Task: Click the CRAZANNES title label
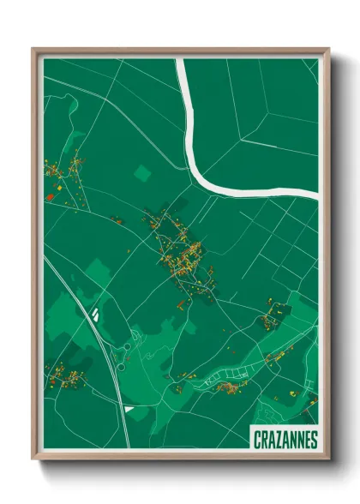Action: tap(285, 440)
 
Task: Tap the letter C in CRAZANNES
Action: tap(258, 440)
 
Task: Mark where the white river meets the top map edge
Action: tap(180, 60)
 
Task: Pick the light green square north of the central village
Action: tap(141, 173)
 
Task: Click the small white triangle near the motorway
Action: tap(129, 409)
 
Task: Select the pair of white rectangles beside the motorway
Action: tap(96, 314)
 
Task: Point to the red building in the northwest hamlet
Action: tap(50, 196)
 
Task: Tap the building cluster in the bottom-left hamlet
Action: tap(67, 375)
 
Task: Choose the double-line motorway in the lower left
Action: tap(103, 360)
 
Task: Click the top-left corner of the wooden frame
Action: tap(33, 48)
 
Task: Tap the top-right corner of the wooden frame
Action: tap(328, 48)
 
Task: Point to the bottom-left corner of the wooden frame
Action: tap(33, 460)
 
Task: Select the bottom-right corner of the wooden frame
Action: tap(328, 460)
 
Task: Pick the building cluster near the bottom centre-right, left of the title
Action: tap(230, 387)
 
